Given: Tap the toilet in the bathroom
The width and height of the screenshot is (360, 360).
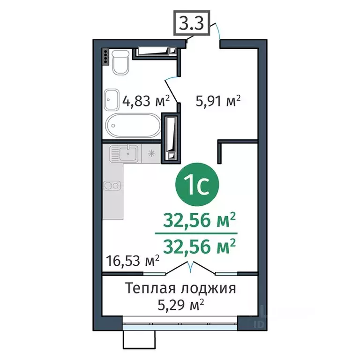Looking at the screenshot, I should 121,61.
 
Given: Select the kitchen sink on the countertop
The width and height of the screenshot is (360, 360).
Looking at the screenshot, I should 124,152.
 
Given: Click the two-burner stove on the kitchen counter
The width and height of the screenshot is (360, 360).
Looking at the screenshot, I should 112,185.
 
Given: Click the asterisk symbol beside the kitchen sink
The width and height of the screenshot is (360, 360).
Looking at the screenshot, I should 151,153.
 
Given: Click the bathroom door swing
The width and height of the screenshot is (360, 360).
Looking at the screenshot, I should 172,89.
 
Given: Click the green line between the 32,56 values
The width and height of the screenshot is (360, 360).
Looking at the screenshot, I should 196,232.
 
